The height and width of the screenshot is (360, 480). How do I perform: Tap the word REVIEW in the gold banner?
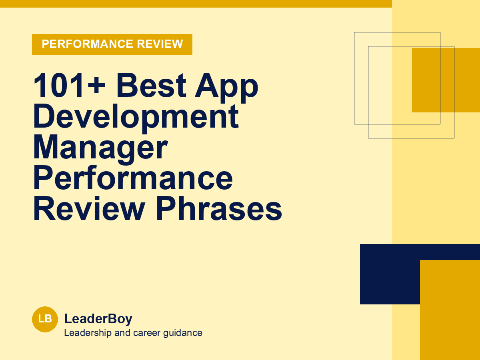[160, 44]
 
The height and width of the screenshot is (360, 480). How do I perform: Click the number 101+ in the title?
[69, 85]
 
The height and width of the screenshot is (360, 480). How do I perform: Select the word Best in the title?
[151, 85]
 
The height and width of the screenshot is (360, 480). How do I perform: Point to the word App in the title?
[226, 88]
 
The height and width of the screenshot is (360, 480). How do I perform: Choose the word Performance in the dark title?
[133, 178]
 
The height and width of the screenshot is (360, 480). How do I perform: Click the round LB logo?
[45, 319]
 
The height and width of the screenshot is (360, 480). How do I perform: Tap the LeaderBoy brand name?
[98, 319]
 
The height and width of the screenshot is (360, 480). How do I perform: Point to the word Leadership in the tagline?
[88, 333]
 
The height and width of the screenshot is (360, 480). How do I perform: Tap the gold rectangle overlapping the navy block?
[450, 310]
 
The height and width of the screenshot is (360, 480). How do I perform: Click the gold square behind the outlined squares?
[446, 80]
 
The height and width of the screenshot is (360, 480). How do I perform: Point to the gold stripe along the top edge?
[196, 4]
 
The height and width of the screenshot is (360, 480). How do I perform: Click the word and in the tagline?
[122, 333]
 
